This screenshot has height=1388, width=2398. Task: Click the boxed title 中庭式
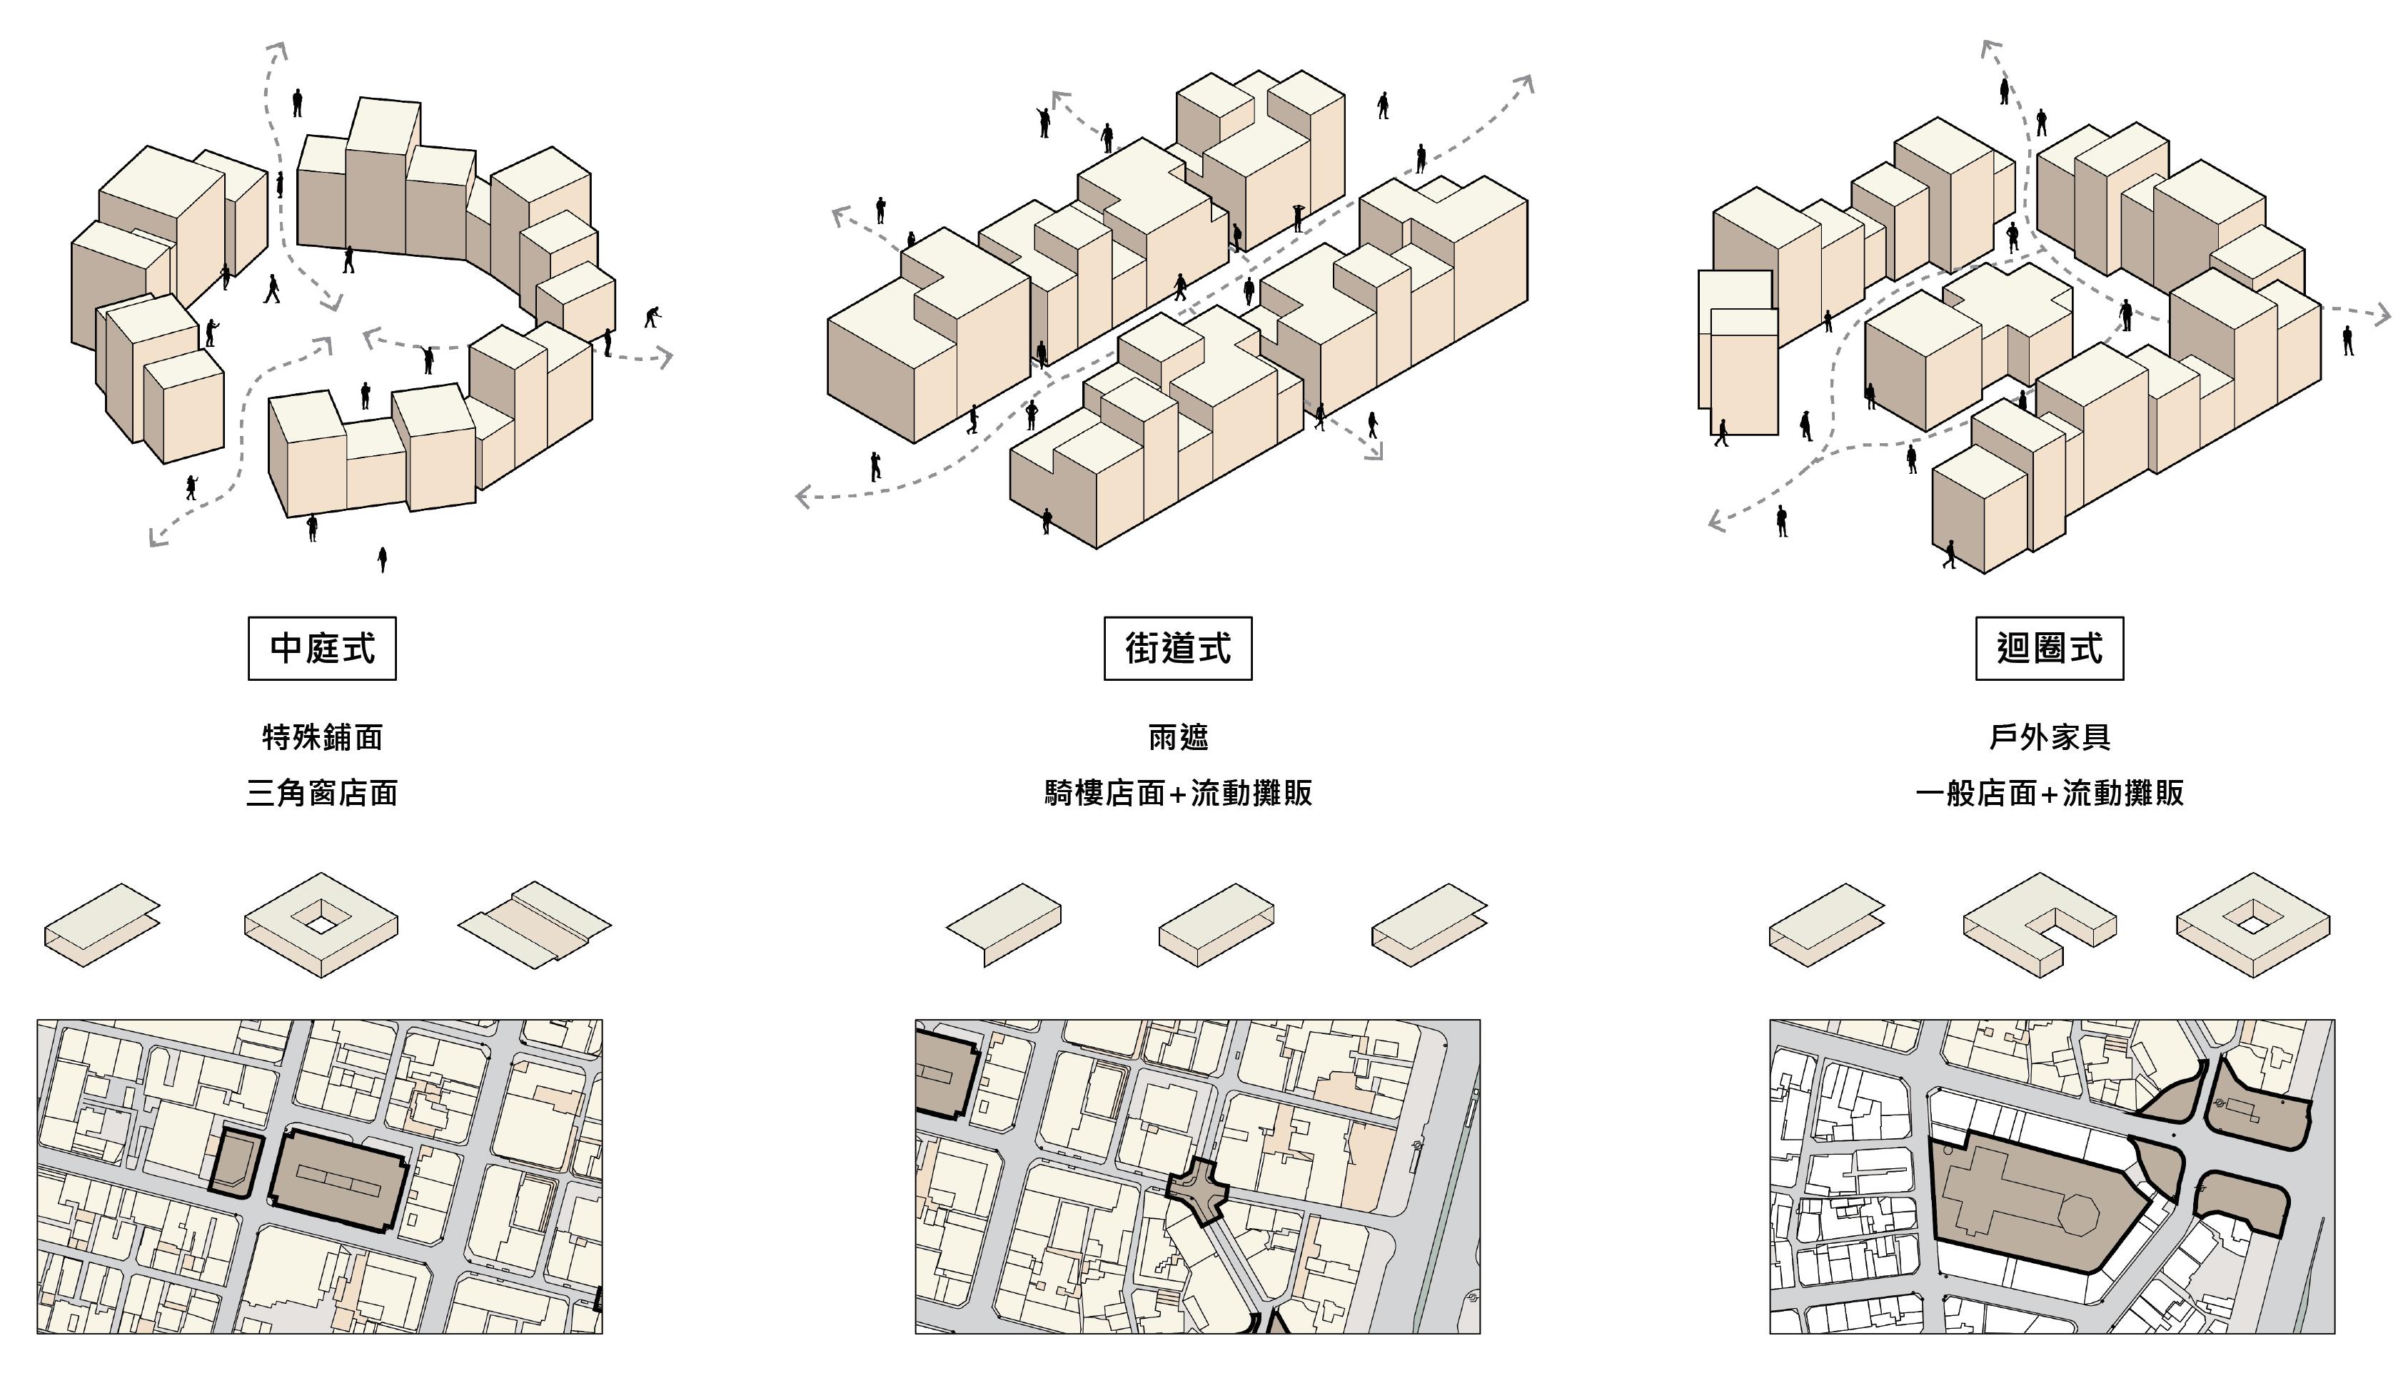[322, 649]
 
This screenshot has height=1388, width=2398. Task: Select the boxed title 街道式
[1177, 649]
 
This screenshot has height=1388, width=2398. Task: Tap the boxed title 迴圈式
[2049, 649]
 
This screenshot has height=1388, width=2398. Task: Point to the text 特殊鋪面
[322, 737]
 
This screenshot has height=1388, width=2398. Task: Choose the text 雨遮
[1177, 737]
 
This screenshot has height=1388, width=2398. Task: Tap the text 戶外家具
[2049, 737]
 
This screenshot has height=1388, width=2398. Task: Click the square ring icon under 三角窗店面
[321, 923]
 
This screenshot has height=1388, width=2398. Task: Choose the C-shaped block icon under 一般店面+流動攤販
[2039, 923]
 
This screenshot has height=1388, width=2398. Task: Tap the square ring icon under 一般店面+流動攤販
[2252, 923]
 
